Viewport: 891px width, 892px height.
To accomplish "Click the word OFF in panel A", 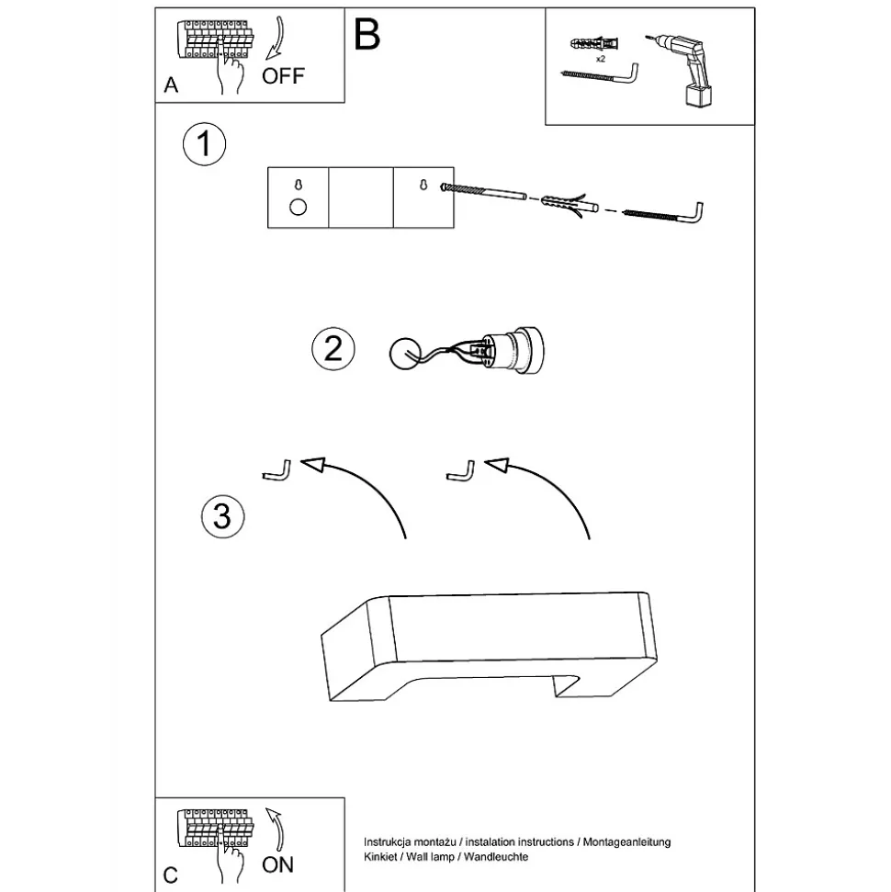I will pos(282,75).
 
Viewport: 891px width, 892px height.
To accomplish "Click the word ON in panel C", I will pos(278,864).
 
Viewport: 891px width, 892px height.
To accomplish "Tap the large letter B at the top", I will pos(365,36).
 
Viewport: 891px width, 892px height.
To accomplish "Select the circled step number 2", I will pos(333,348).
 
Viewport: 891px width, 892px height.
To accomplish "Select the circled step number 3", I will pos(222,515).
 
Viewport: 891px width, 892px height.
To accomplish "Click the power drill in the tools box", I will pos(689,69).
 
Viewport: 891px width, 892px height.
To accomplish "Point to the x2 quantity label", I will pos(600,58).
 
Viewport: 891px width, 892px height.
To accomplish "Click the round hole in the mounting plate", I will pos(298,206).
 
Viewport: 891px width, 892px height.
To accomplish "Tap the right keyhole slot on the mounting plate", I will pos(423,185).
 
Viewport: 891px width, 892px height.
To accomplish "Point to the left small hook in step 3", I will pos(276,469).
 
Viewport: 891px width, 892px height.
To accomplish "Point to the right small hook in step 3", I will pos(461,469).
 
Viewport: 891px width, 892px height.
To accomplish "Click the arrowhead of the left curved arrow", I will pos(315,466).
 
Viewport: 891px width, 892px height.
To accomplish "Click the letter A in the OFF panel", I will pos(171,85).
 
